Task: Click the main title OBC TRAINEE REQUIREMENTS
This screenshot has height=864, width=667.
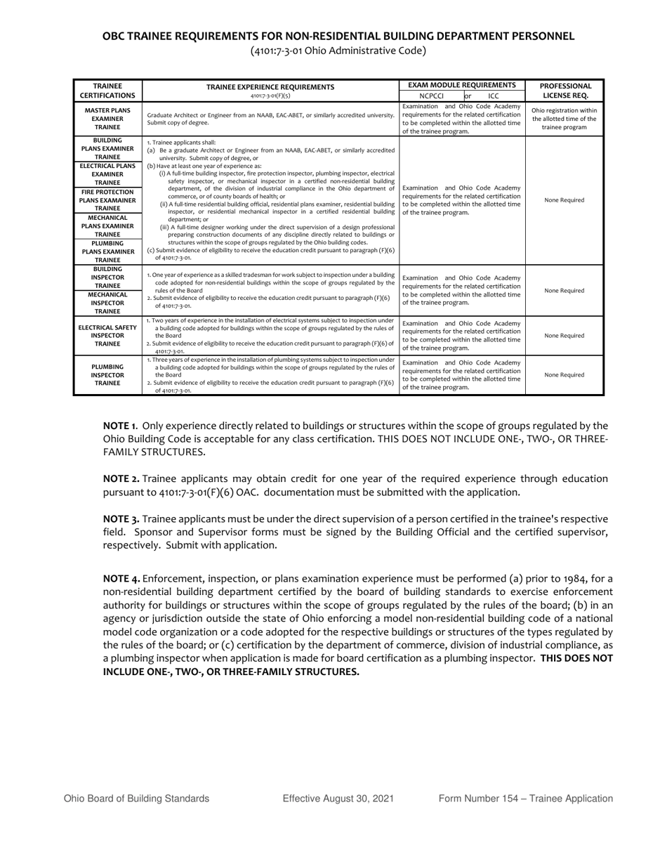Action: click(x=338, y=36)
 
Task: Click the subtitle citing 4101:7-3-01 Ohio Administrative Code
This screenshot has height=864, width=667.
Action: click(x=338, y=51)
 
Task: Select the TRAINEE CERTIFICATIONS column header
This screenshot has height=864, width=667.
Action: click(x=107, y=91)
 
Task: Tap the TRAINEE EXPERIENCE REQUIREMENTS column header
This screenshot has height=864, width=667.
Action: click(x=270, y=87)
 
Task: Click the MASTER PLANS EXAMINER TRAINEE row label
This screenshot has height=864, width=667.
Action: click(x=107, y=119)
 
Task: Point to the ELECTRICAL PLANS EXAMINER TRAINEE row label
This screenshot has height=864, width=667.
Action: click(x=107, y=174)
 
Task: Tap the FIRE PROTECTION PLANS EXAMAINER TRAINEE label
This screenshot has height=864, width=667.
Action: click(x=107, y=200)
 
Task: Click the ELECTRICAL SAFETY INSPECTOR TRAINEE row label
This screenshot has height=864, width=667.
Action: click(x=107, y=336)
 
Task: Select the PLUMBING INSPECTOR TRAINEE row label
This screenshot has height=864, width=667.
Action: click(x=107, y=375)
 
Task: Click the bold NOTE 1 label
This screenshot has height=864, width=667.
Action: click(x=120, y=426)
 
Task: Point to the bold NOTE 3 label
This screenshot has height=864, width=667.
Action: click(x=121, y=519)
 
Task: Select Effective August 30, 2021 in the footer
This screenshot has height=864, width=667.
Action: click(x=338, y=799)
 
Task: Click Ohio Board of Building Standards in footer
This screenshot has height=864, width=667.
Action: click(x=136, y=799)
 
